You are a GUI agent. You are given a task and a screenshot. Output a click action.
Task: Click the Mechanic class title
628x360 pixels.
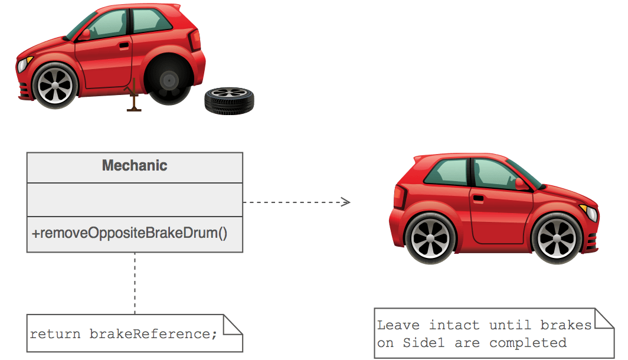pos(135,166)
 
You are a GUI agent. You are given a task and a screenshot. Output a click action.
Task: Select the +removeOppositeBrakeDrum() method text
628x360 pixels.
pos(129,233)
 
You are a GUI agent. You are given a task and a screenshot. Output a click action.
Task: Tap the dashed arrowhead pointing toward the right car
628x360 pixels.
pos(346,202)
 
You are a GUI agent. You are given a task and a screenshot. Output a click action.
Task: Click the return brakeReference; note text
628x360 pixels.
pos(124,334)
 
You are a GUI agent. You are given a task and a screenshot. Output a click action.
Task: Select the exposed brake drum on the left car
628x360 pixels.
pos(169,80)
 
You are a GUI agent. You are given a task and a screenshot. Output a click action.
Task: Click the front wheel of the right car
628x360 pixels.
pos(556,237)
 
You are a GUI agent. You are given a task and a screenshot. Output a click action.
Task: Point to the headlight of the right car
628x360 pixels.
pos(590,213)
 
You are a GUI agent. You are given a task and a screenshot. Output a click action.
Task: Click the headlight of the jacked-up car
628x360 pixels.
pos(23,64)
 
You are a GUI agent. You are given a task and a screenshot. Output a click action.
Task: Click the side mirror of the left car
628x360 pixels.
pos(87,34)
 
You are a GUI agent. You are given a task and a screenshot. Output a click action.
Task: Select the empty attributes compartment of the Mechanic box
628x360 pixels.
pos(135,199)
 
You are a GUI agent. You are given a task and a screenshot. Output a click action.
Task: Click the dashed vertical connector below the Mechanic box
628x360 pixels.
pos(135,283)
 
